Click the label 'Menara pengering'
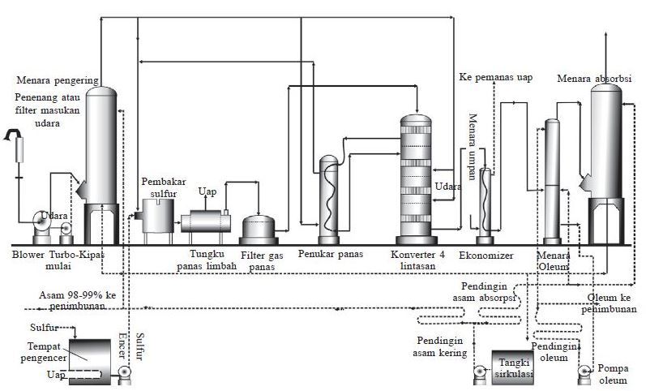point(58,80)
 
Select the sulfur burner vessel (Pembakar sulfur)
point(158,216)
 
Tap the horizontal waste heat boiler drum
point(206,221)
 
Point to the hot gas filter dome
point(259,230)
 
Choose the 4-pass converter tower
point(416,179)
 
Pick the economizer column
point(485,205)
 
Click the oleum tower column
point(552,182)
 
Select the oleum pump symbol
point(584,373)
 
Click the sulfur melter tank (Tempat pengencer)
point(90,362)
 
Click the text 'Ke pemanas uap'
point(495,77)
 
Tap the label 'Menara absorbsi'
point(594,79)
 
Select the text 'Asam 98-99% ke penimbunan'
point(78,300)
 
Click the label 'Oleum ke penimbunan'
point(609,303)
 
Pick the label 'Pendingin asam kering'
point(440,346)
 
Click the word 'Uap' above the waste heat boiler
point(207,191)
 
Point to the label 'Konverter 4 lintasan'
point(417,260)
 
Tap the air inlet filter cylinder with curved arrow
point(19,150)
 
